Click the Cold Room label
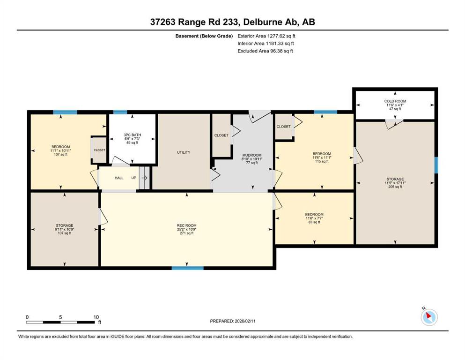click(395, 101)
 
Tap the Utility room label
click(184, 152)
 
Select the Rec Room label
click(186, 225)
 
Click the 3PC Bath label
click(132, 135)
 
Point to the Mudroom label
click(252, 155)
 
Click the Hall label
click(119, 178)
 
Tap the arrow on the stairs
click(144, 178)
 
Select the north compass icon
click(429, 317)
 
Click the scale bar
click(60, 322)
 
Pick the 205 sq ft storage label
click(395, 179)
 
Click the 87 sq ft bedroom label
click(314, 214)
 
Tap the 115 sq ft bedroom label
click(322, 154)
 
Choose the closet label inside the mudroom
click(221, 135)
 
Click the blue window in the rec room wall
click(188, 268)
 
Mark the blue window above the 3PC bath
click(120, 112)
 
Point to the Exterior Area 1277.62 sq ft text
click(266, 36)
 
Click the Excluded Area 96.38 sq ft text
click(265, 51)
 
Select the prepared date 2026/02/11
click(233, 321)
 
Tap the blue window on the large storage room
click(436, 165)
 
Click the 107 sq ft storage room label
click(64, 225)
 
